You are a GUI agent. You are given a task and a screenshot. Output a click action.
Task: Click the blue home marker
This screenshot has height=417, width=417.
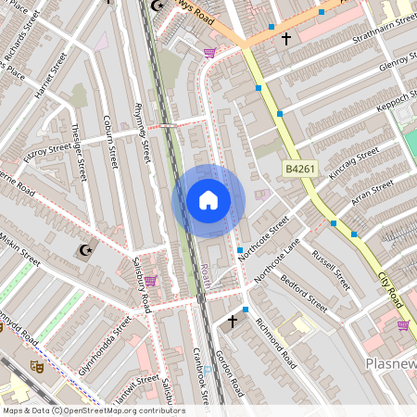[208, 200]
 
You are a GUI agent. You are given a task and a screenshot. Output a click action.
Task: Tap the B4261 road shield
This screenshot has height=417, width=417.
[298, 169]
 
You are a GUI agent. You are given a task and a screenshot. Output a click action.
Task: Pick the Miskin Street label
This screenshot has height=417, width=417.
[20, 249]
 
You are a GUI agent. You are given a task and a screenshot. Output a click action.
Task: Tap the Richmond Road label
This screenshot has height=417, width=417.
[275, 342]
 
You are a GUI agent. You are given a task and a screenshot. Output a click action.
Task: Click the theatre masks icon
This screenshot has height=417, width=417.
[38, 367]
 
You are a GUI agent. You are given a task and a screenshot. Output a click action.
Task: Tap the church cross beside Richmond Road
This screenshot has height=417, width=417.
[232, 322]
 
